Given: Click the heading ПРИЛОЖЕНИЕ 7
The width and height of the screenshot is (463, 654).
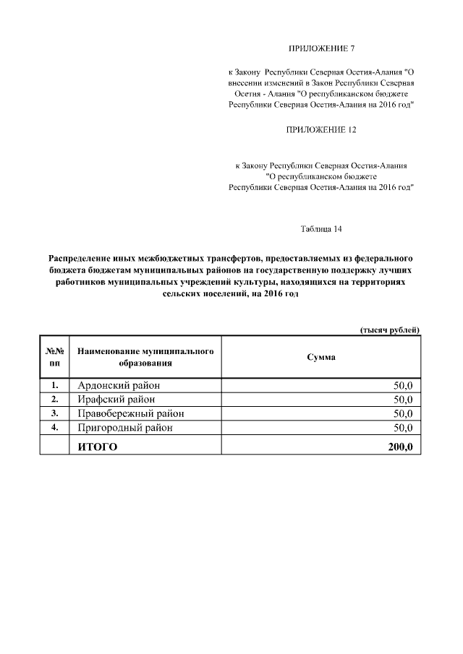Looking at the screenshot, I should click(322, 50).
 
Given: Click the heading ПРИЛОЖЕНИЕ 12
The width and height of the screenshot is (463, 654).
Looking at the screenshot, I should click(322, 130).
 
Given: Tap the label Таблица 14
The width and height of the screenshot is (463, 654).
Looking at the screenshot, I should click(321, 230).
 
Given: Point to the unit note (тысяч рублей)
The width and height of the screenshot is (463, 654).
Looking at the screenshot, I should click(390, 330).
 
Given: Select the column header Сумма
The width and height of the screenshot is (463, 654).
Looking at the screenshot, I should click(321, 357).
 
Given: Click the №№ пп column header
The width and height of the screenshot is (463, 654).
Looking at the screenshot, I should click(54, 357).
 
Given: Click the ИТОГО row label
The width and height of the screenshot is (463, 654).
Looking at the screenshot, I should click(98, 447).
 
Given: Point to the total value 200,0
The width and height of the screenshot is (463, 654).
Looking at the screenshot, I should click(400, 447).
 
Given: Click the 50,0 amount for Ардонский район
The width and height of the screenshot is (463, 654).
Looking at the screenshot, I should click(403, 384).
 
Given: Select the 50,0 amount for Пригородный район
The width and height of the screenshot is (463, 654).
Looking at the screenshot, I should click(403, 428).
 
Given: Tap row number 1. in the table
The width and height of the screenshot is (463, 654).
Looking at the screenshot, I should click(54, 384).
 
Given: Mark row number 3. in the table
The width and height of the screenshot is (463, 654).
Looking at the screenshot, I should click(54, 413).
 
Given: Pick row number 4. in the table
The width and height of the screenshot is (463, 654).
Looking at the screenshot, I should click(54, 428).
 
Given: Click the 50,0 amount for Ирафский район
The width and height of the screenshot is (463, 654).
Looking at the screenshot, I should click(403, 399).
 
